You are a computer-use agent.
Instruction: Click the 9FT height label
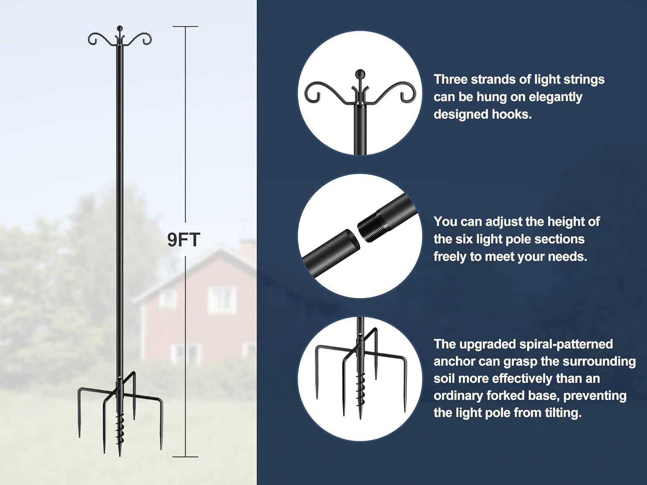click(x=184, y=240)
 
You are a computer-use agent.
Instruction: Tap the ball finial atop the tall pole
click(x=120, y=28)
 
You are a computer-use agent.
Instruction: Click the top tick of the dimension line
click(x=185, y=27)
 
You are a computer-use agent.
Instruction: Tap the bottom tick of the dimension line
click(x=185, y=457)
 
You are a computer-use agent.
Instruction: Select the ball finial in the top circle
click(x=360, y=74)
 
